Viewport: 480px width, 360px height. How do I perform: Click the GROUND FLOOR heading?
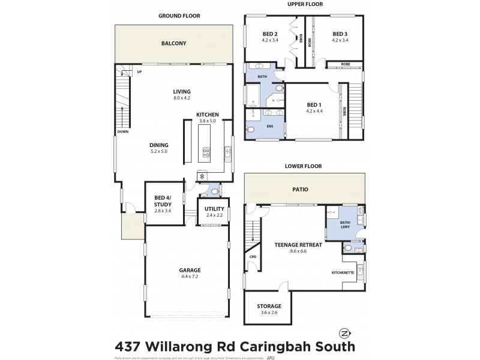coord(179,16)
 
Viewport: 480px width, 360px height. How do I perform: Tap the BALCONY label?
coord(173,44)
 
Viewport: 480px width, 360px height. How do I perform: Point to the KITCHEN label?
coord(207,114)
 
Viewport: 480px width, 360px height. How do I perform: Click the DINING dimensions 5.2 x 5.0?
coord(160,152)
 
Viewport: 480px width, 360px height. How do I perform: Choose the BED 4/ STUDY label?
coord(163,201)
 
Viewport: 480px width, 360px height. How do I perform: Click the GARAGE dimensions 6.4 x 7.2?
coord(189,277)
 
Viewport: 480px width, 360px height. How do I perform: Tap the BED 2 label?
coord(270,34)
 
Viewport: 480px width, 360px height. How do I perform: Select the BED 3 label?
coord(340,34)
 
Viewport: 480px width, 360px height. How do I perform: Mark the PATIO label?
coord(301,189)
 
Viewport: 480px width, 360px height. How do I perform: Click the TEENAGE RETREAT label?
coord(298,245)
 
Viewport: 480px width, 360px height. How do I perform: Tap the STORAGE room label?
coord(269,306)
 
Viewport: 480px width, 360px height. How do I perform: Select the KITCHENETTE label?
coord(343,273)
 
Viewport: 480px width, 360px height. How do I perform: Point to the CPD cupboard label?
coord(253,256)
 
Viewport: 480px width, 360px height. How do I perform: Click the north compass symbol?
coord(344,333)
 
